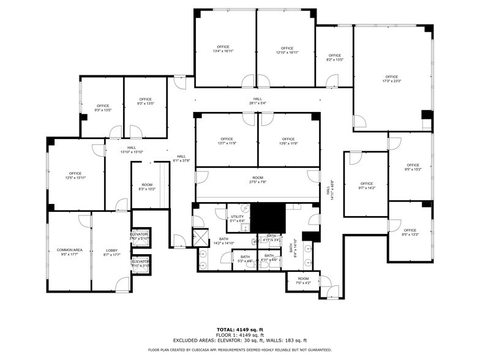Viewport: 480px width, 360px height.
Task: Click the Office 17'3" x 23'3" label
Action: point(391,79)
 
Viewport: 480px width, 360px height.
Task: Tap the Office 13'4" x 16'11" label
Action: point(223,50)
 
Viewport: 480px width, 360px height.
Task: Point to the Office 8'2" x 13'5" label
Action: point(334,58)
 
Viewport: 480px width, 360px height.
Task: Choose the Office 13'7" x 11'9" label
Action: point(227,141)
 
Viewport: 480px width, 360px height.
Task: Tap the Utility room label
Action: point(238,219)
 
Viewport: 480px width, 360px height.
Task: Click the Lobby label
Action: point(111,252)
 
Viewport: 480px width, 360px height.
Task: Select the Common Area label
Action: point(69,252)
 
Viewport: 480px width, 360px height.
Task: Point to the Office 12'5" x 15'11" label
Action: point(75,176)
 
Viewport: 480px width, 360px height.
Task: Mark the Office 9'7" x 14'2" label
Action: point(366,186)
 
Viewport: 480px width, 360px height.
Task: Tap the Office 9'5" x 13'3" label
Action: point(410,233)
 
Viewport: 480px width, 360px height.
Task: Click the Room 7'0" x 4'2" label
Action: point(303,281)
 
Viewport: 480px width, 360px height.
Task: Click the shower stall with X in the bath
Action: point(200,237)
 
